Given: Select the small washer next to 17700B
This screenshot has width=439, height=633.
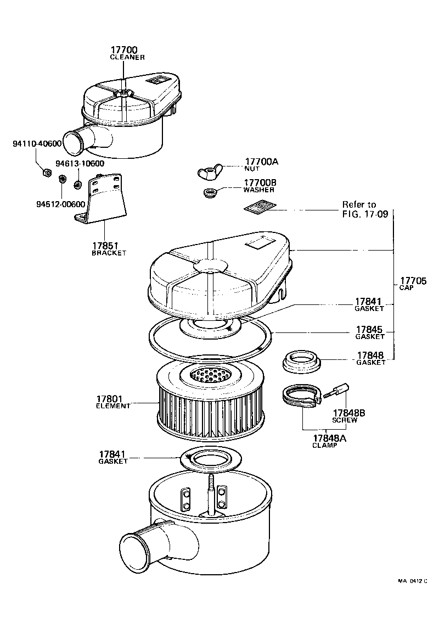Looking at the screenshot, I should pyautogui.click(x=209, y=193).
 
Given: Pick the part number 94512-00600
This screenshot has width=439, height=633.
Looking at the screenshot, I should pyautogui.click(x=60, y=204).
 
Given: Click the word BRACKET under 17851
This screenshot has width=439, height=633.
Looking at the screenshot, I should pyautogui.click(x=109, y=253).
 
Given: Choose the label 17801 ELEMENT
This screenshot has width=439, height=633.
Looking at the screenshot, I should pyautogui.click(x=114, y=402).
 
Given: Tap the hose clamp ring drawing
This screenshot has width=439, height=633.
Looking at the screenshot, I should pyautogui.click(x=300, y=396).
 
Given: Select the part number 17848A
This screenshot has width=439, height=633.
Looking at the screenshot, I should pyautogui.click(x=330, y=438).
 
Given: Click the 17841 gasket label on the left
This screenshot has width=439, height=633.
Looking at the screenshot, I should pyautogui.click(x=112, y=457).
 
